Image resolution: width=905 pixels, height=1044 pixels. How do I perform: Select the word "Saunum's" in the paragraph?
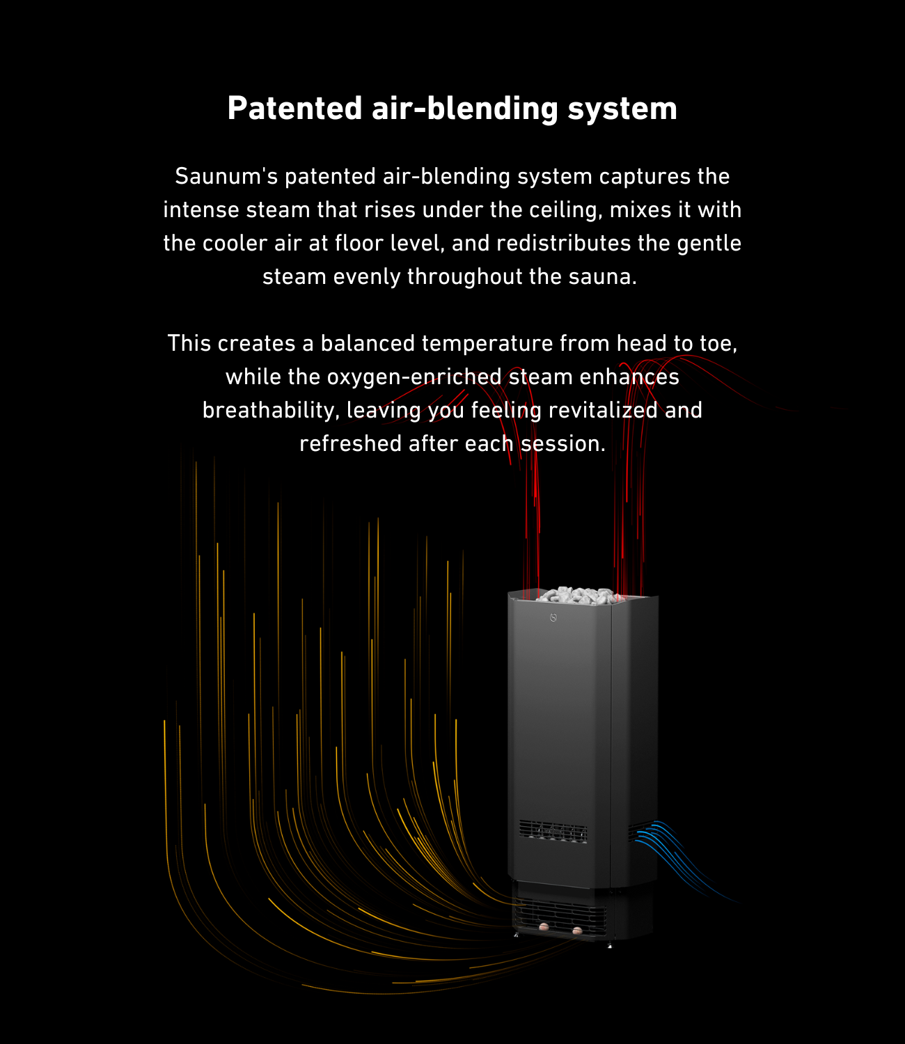(226, 176)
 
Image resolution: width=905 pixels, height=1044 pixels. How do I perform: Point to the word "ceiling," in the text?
(565, 209)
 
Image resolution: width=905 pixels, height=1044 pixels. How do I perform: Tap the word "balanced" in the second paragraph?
(367, 343)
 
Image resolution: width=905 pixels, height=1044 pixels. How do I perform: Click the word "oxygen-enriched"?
(414, 377)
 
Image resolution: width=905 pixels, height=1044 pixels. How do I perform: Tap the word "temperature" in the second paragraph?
(487, 343)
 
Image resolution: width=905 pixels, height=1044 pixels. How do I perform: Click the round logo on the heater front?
(553, 617)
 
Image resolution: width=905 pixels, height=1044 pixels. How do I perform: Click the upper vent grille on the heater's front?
(553, 831)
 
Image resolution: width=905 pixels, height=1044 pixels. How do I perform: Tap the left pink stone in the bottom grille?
(543, 926)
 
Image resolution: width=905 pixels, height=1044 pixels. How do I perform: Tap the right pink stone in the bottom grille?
(576, 930)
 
